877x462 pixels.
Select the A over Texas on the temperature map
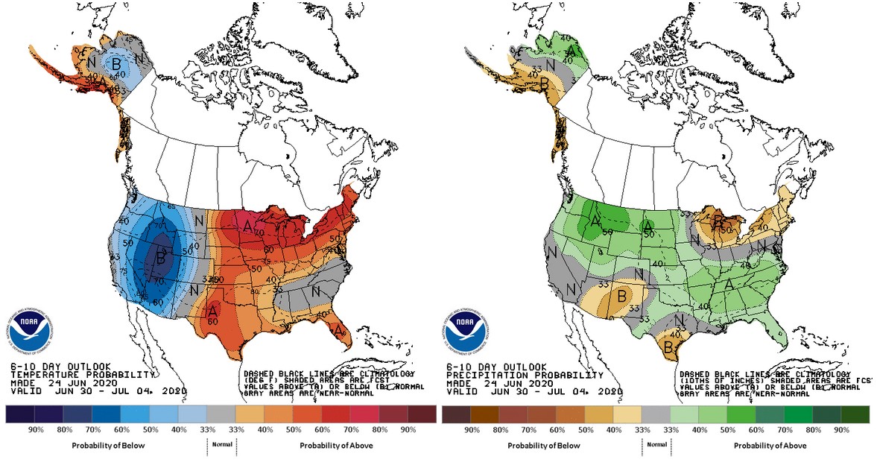click(x=213, y=310)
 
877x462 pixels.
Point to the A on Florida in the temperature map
click(x=338, y=329)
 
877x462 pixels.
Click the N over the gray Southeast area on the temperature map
click(x=315, y=291)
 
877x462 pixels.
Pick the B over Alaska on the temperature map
click(x=115, y=63)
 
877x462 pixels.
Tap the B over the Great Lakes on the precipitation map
click(x=718, y=221)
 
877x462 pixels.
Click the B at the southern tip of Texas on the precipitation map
click(x=669, y=347)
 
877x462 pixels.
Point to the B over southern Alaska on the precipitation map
click(x=545, y=83)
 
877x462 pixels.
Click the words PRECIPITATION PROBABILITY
click(x=525, y=374)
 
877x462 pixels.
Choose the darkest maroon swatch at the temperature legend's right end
click(x=422, y=414)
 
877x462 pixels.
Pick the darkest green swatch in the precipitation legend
click(x=857, y=414)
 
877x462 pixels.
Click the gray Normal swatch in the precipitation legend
click(x=656, y=414)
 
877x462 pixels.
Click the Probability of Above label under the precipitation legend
click(x=770, y=446)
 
